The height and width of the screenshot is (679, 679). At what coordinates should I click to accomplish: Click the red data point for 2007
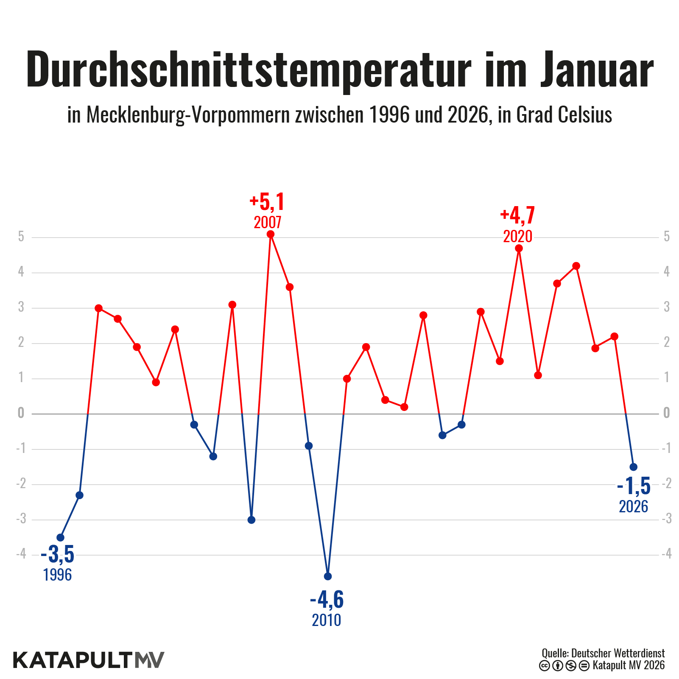(271, 234)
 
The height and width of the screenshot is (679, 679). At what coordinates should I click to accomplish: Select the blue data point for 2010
(328, 576)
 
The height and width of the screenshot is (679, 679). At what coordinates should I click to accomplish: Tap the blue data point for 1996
(60, 538)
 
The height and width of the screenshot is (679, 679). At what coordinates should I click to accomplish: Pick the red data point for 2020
(519, 249)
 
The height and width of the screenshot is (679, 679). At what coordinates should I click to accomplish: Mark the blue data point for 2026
(634, 467)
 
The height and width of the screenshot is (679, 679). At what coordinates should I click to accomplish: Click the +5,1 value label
(267, 202)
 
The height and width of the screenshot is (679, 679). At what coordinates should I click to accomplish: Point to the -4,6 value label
(327, 599)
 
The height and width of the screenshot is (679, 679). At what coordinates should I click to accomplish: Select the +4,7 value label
(517, 215)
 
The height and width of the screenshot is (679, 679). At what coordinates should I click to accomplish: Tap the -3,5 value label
(58, 554)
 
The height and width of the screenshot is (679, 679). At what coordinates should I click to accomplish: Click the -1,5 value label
(634, 486)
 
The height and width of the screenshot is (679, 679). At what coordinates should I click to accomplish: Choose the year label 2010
(327, 620)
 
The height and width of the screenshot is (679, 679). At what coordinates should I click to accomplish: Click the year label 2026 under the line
(634, 507)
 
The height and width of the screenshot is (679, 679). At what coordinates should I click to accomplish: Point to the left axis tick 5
(21, 237)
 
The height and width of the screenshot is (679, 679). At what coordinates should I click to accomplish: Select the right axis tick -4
(666, 554)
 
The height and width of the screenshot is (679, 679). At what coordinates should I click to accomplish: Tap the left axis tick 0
(21, 413)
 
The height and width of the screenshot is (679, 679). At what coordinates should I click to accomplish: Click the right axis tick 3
(667, 307)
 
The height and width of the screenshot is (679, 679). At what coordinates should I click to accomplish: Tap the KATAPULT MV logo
(89, 660)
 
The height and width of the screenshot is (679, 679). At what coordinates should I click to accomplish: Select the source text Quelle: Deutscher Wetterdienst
(603, 653)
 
